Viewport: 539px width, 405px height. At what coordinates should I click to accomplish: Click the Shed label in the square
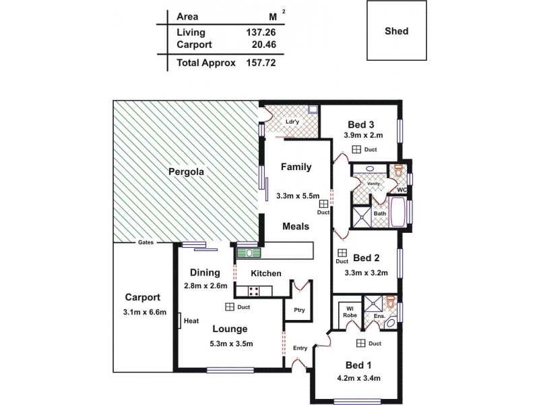[x=397, y=31]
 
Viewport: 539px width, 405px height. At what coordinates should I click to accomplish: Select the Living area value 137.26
[x=262, y=32]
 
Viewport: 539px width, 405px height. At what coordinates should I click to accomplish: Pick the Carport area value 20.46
[x=262, y=45]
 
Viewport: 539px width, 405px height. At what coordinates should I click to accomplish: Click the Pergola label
[x=186, y=172]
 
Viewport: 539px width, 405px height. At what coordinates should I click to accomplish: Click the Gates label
[x=146, y=242]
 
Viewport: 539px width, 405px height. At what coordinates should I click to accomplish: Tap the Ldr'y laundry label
[x=292, y=122]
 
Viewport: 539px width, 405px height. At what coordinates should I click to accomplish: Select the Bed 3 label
[x=360, y=124]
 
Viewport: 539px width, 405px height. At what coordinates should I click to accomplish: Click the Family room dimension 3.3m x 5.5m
[x=296, y=196]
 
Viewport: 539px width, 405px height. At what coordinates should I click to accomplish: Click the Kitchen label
[x=266, y=273]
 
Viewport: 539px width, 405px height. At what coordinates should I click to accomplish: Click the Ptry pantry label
[x=299, y=310]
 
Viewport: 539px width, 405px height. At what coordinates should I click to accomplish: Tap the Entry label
[x=300, y=348]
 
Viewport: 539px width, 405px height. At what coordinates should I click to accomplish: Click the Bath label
[x=380, y=214]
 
